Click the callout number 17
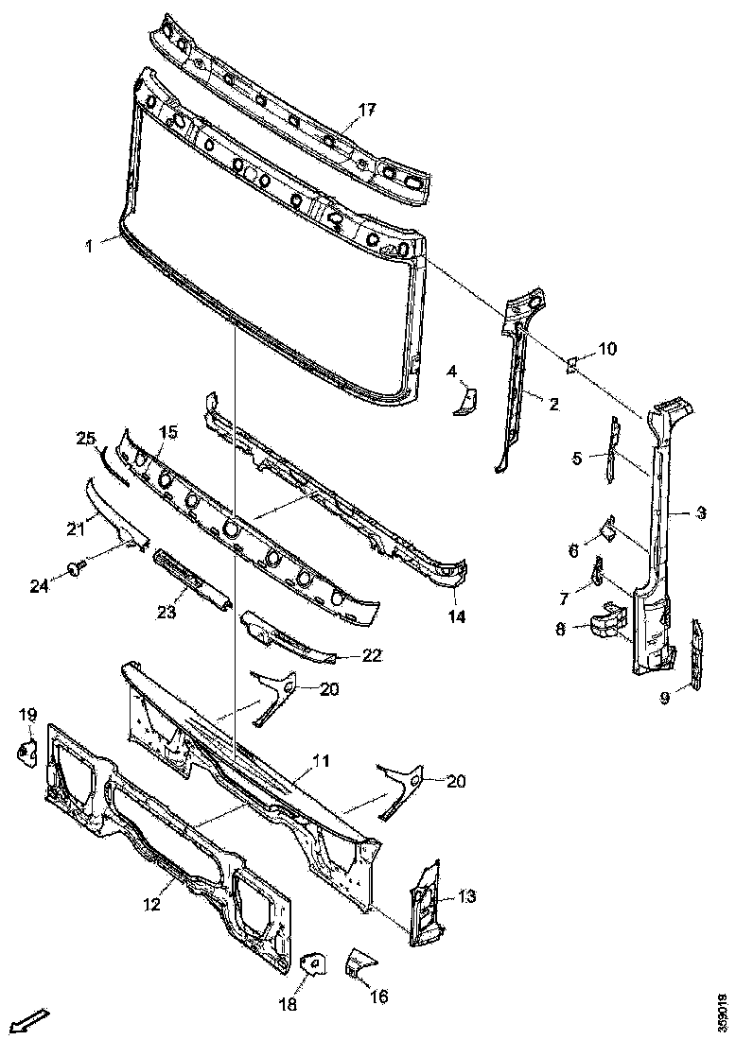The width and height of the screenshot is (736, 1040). [366, 110]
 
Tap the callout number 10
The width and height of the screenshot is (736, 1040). [606, 349]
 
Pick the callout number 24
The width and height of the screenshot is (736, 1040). [37, 586]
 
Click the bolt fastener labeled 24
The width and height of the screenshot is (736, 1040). [74, 569]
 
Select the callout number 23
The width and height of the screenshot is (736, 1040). [166, 612]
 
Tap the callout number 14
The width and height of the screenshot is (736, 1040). [457, 616]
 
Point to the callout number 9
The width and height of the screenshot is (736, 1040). [665, 699]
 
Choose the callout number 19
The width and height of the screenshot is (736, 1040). [27, 714]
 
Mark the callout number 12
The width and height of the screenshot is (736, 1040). [151, 904]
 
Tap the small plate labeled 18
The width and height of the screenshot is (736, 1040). [309, 964]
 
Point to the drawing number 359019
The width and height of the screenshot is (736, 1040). [723, 1013]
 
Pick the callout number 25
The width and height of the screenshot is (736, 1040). [86, 438]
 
